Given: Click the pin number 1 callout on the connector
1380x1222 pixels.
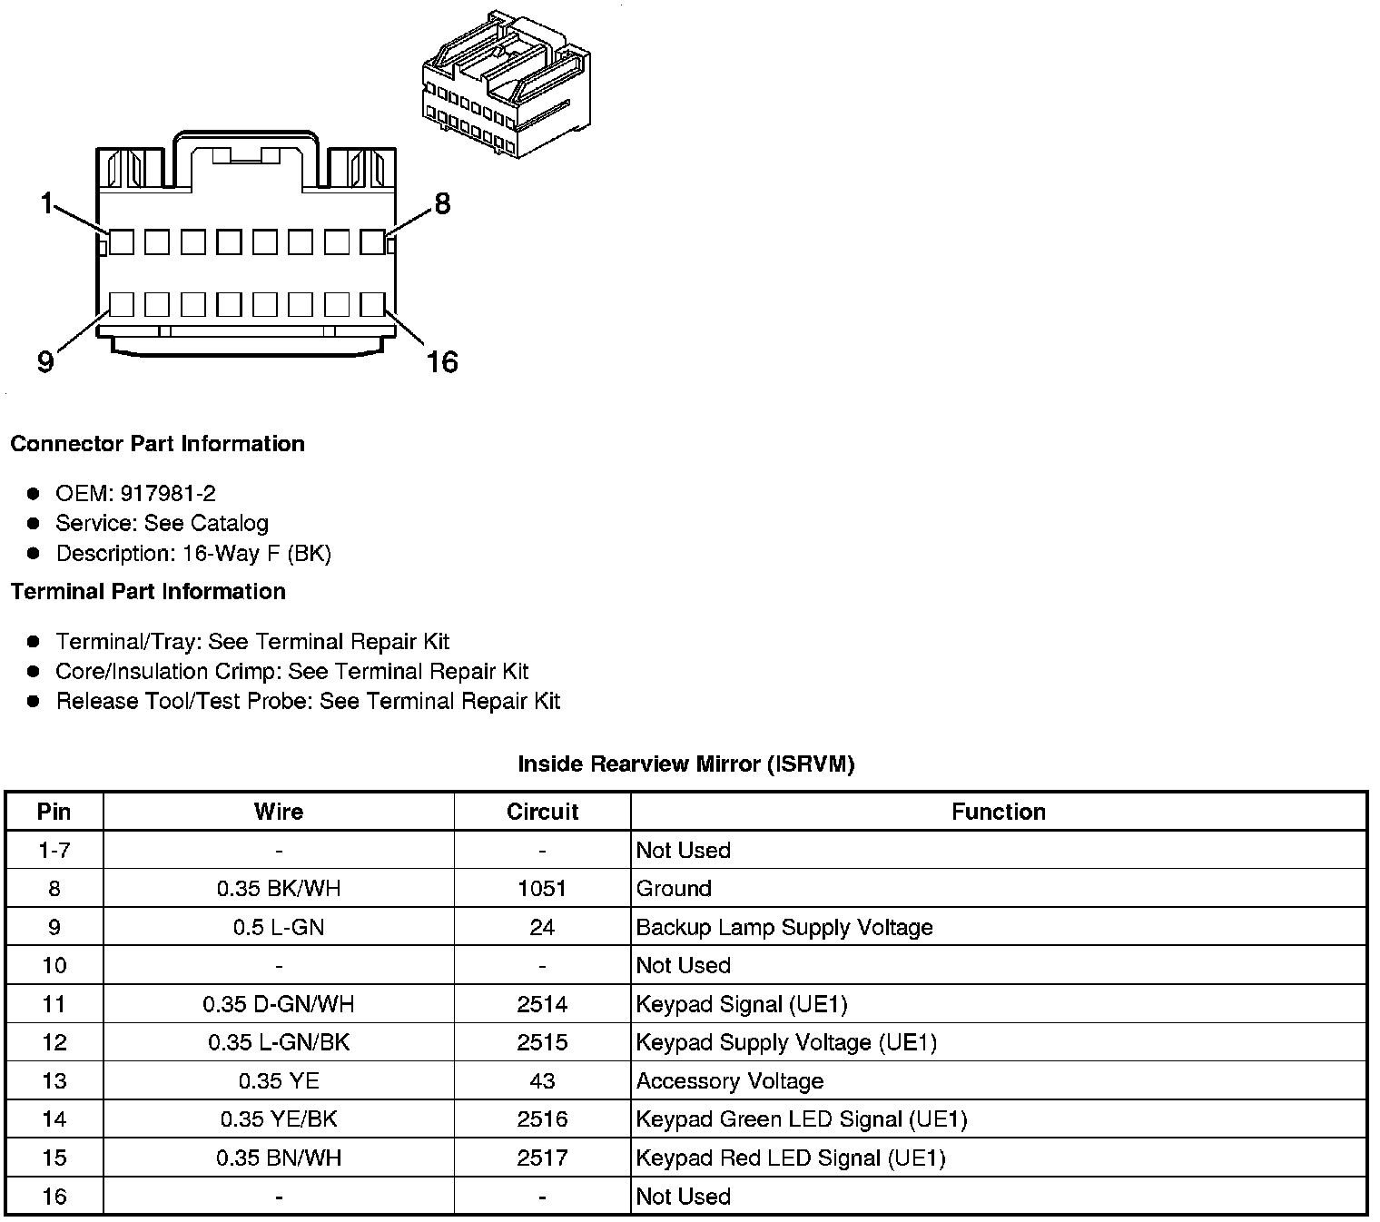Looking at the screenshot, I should [46, 203].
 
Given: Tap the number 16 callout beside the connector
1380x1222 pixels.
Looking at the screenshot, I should [442, 362].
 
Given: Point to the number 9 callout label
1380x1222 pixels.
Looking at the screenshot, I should [45, 362].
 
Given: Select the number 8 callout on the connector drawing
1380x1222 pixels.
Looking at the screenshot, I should [442, 204].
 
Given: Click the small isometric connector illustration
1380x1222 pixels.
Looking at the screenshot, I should [506, 85].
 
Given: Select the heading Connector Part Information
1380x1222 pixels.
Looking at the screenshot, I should [157, 444].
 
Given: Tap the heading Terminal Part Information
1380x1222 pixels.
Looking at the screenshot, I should [148, 592].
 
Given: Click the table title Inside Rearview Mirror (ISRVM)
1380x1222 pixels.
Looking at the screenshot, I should [685, 764].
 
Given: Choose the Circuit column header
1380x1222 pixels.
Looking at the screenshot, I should [542, 812].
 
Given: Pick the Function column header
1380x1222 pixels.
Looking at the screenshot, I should [998, 812].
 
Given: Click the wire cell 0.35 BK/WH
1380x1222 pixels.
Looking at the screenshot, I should [279, 889].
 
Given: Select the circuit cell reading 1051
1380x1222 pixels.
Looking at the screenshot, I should [542, 889].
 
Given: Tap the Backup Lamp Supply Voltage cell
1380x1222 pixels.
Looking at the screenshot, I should [784, 927].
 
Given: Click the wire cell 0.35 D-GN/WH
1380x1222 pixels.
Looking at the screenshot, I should [279, 1004].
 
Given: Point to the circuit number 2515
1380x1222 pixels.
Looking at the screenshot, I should [542, 1042].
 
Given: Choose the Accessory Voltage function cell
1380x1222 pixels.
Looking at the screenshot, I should [730, 1081].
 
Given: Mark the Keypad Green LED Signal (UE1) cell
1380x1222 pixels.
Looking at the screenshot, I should [802, 1119].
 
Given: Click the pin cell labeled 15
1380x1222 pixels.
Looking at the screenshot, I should [54, 1158].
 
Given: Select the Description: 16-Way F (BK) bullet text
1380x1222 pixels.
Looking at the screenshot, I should [193, 553].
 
